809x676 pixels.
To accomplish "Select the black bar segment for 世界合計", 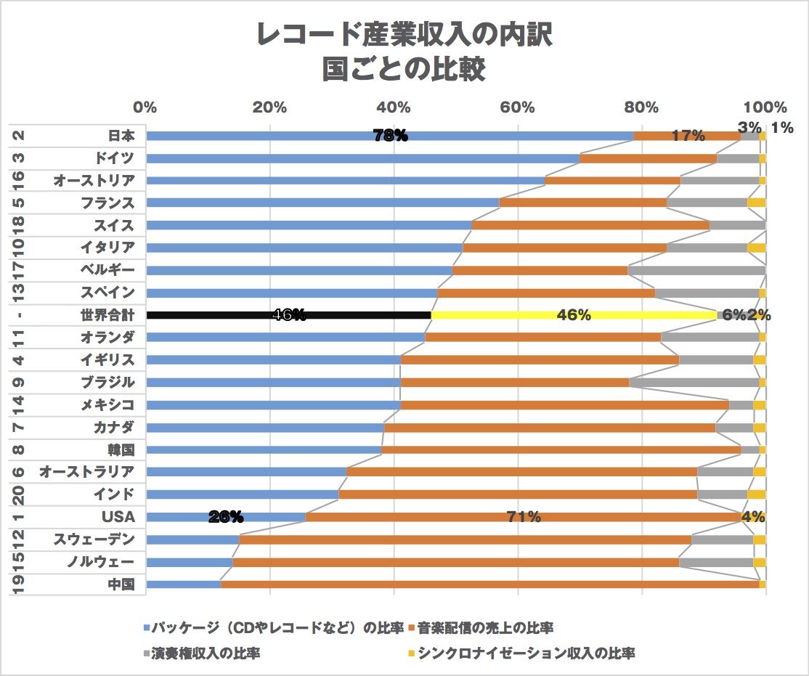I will pos(218,315).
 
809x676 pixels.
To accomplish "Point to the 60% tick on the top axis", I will pos(518,107).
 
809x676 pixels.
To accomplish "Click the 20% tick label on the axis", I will pos(269,107).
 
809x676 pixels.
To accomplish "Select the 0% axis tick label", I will pos(145,107).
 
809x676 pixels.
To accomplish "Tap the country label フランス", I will pos(107,203).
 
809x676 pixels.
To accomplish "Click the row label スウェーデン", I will pos(94,539).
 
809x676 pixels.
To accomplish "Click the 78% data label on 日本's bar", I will pos(390,136).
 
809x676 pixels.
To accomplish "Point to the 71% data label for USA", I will pos(524,517).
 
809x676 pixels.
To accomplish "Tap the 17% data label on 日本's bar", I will pos(688,136).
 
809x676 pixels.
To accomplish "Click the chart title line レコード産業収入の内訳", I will pos(404,34).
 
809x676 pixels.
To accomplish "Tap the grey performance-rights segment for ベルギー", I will pos(696,270).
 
